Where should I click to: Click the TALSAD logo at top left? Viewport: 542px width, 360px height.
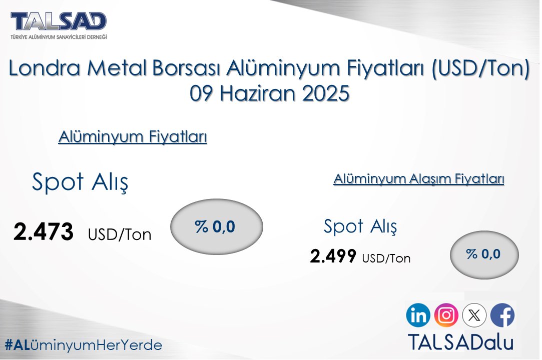coord(59,24)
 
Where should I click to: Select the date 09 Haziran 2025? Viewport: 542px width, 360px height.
coord(269,93)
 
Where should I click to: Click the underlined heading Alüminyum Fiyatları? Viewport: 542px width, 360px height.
coord(133,137)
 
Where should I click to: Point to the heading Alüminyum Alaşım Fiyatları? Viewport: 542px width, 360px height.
coord(418,179)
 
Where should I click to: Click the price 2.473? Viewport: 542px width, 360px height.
coord(44,232)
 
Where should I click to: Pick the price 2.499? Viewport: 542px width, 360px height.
coord(333,256)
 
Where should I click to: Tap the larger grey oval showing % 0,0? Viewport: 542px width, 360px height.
coord(216,227)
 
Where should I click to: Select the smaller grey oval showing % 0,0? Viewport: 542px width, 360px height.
coord(484,254)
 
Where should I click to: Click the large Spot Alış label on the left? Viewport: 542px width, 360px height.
coord(80,182)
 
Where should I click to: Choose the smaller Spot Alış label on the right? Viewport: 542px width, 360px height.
coord(360,226)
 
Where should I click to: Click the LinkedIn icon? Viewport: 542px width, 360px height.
coord(418,315)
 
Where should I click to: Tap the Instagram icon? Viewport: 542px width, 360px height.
coord(446,315)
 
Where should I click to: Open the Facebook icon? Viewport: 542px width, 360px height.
coord(502,315)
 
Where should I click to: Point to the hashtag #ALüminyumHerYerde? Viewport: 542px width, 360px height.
coord(84,345)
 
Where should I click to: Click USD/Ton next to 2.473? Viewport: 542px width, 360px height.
coord(120,234)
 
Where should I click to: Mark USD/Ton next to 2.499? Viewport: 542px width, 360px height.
coord(386,258)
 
